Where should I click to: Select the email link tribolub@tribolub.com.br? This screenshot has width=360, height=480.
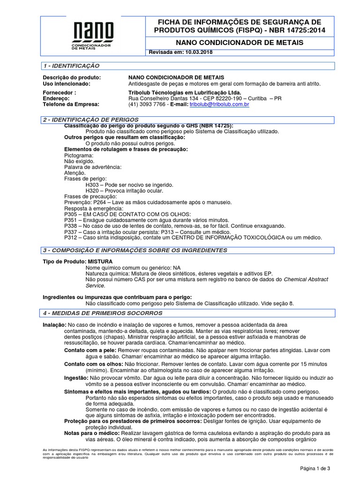[219, 105]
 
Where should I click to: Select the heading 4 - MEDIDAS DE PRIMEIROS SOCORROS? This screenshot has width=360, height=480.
[102, 313]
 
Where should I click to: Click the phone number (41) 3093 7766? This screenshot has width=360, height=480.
[147, 105]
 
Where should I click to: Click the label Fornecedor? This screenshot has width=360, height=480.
[59, 93]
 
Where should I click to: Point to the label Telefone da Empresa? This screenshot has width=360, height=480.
[71, 105]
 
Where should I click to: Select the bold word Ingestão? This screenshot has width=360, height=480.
[75, 377]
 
